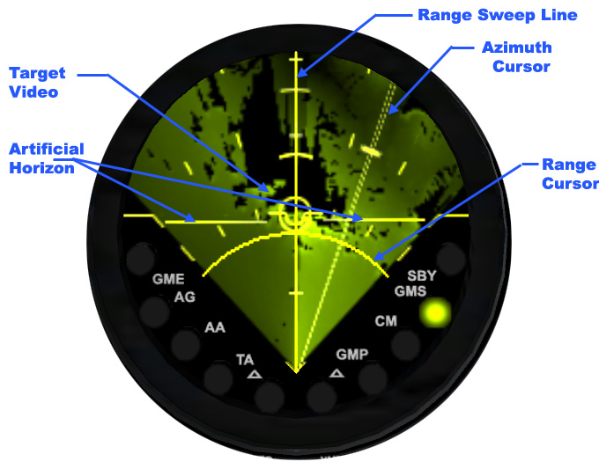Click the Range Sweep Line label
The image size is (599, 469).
497,15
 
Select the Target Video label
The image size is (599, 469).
34,82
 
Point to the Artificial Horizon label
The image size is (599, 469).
46,157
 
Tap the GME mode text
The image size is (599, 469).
168,280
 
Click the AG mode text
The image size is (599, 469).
184,297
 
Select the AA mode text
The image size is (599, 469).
215,328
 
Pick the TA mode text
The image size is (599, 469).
245,359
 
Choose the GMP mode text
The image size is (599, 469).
351,355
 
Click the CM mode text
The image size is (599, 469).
386,321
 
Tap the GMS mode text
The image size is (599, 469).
410,291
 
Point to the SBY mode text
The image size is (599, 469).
421,275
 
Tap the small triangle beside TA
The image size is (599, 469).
255,374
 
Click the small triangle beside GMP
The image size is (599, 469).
336,373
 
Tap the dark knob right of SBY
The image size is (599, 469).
450,257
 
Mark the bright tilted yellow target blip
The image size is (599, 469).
372,151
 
